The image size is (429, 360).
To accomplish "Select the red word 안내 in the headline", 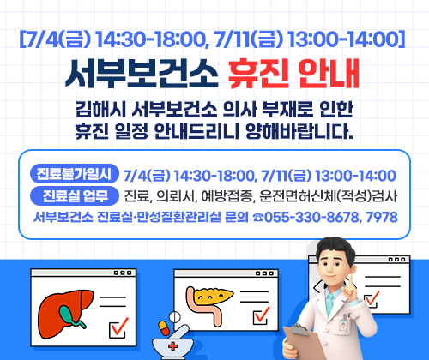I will [x=335, y=76].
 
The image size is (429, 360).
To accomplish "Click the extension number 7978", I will [x=381, y=217].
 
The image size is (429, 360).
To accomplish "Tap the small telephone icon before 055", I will [x=257, y=217].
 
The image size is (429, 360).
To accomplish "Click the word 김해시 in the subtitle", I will [x=99, y=111].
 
